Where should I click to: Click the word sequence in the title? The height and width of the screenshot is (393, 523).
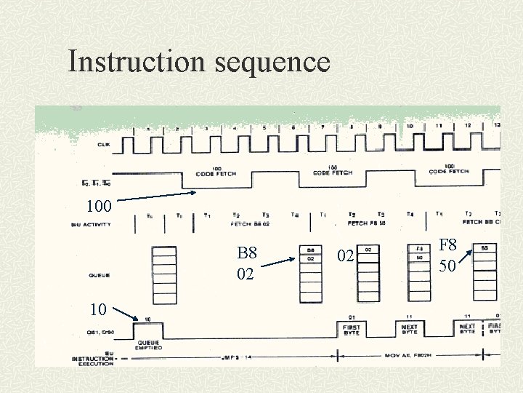272,63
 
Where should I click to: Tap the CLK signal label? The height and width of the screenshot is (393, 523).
105,145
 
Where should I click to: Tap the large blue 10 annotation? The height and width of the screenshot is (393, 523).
100,309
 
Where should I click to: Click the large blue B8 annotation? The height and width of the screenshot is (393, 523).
247,253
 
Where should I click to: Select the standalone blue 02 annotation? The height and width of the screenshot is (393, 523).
344,257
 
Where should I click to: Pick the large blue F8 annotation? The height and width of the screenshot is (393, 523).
447,245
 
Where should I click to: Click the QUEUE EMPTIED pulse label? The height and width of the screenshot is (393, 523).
148,344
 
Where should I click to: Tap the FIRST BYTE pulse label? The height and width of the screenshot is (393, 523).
351,330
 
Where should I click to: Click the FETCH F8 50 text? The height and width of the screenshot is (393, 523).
367,223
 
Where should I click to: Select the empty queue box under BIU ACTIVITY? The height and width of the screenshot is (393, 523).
164,274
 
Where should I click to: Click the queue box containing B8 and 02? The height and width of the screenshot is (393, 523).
310,274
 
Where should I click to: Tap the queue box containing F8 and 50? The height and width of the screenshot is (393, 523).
419,274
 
